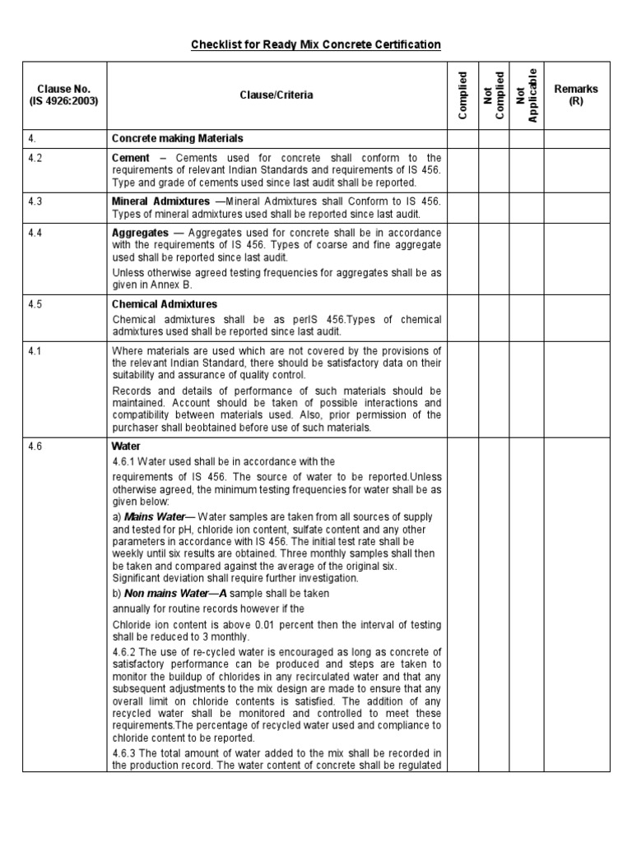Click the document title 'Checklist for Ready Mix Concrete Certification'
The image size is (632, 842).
click(x=316, y=44)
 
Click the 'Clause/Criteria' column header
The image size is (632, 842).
click(x=276, y=95)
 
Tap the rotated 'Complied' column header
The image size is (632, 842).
click(x=462, y=95)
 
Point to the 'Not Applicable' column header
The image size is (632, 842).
click(x=526, y=95)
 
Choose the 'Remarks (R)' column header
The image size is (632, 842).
click(x=576, y=95)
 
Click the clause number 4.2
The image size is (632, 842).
click(x=35, y=158)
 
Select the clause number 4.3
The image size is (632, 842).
click(x=35, y=201)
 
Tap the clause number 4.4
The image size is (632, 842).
click(x=35, y=233)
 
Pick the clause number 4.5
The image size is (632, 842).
click(x=35, y=304)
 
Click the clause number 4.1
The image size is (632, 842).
click(x=35, y=351)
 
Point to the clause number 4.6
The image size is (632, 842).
click(x=35, y=446)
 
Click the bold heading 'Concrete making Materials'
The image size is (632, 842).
click(x=177, y=138)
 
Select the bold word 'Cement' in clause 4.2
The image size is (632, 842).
click(x=131, y=158)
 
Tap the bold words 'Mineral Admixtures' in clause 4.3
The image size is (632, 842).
click(x=160, y=201)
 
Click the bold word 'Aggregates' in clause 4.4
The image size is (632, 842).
click(x=140, y=233)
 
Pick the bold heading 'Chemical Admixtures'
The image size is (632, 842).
click(x=165, y=304)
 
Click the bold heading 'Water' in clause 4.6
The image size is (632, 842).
click(x=126, y=446)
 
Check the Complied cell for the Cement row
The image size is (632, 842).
click(x=462, y=169)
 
